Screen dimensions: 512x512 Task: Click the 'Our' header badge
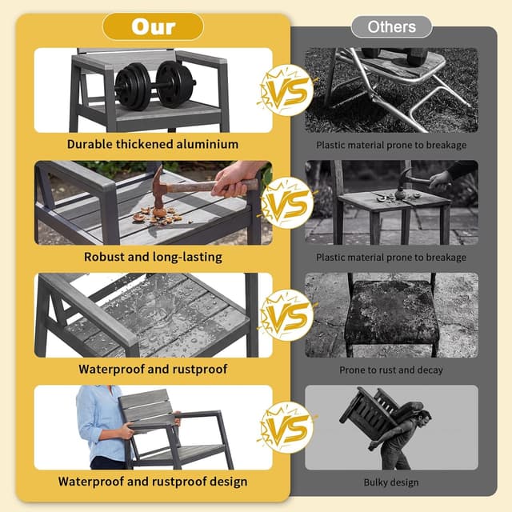[153, 26]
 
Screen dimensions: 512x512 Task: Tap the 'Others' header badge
[391, 26]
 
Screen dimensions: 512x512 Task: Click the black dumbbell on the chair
[154, 85]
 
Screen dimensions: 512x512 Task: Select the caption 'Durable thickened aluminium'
[153, 144]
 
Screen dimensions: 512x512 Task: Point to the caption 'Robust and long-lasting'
[153, 257]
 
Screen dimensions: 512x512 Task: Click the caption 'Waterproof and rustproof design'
[153, 482]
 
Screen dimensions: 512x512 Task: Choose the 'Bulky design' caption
[391, 482]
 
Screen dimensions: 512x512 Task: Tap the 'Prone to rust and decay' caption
[391, 370]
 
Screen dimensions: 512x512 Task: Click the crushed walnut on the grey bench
[159, 215]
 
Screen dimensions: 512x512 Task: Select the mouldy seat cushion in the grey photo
[391, 313]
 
